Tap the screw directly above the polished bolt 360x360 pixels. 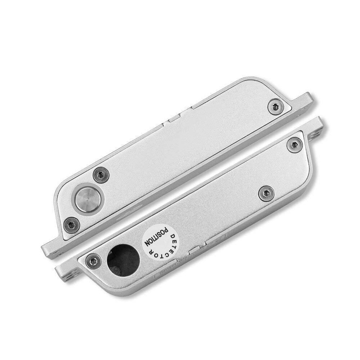pyautogui.click(x=101, y=175)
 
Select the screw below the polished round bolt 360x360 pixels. pyautogui.click(x=72, y=225)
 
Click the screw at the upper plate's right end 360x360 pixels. pyautogui.click(x=276, y=106)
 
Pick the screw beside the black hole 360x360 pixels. pyautogui.click(x=93, y=260)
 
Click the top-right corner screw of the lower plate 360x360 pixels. pyautogui.click(x=294, y=145)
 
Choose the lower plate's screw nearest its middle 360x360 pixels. pyautogui.click(x=267, y=193)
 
